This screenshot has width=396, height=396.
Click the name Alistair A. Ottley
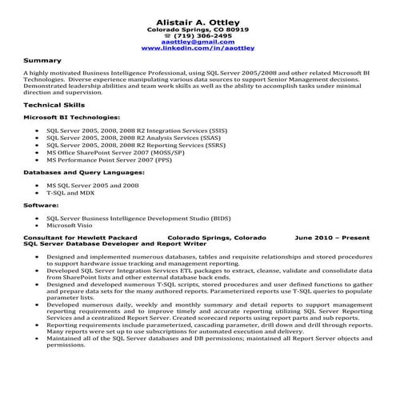197,19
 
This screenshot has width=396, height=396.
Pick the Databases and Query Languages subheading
83,172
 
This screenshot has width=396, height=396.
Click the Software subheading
41,206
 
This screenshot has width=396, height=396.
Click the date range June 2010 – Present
332,238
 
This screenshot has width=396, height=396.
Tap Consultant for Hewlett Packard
81,238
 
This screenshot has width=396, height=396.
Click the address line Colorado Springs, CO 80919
198,30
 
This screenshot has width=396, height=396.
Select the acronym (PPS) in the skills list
163,159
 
